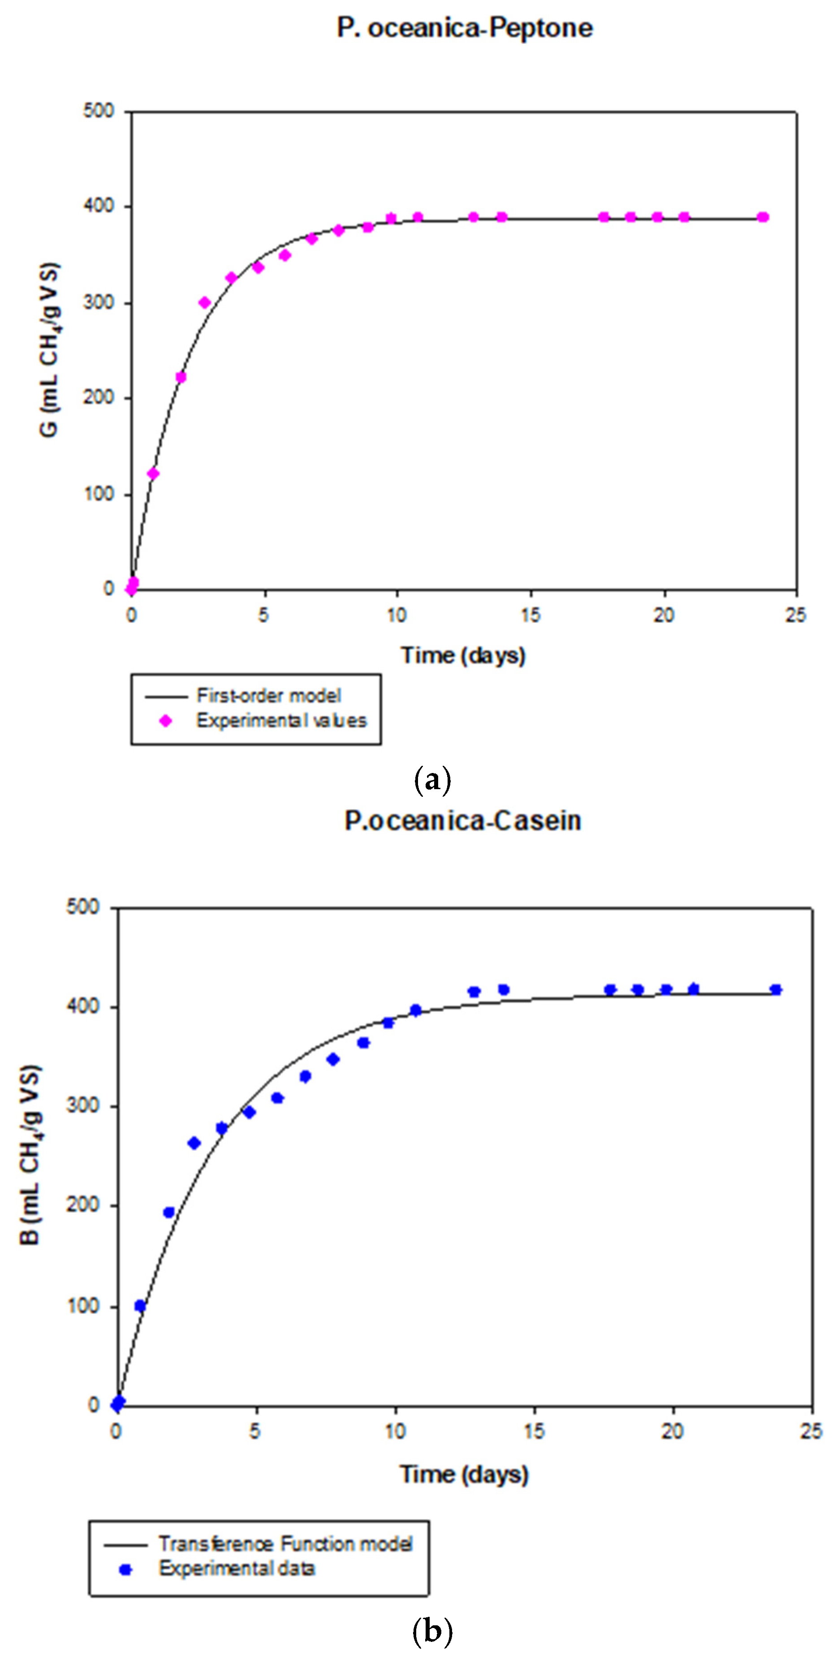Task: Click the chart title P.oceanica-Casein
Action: click(462, 821)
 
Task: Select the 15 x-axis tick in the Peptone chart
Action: click(530, 615)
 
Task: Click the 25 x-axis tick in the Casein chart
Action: click(810, 1431)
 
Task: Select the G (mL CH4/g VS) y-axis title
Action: click(50, 350)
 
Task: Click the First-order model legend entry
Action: click(268, 695)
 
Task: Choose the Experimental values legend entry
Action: click(281, 720)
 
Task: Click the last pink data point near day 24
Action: click(763, 217)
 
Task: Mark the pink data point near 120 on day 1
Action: click(153, 474)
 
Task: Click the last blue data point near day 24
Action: click(776, 989)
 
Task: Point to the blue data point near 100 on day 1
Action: click(140, 1306)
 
